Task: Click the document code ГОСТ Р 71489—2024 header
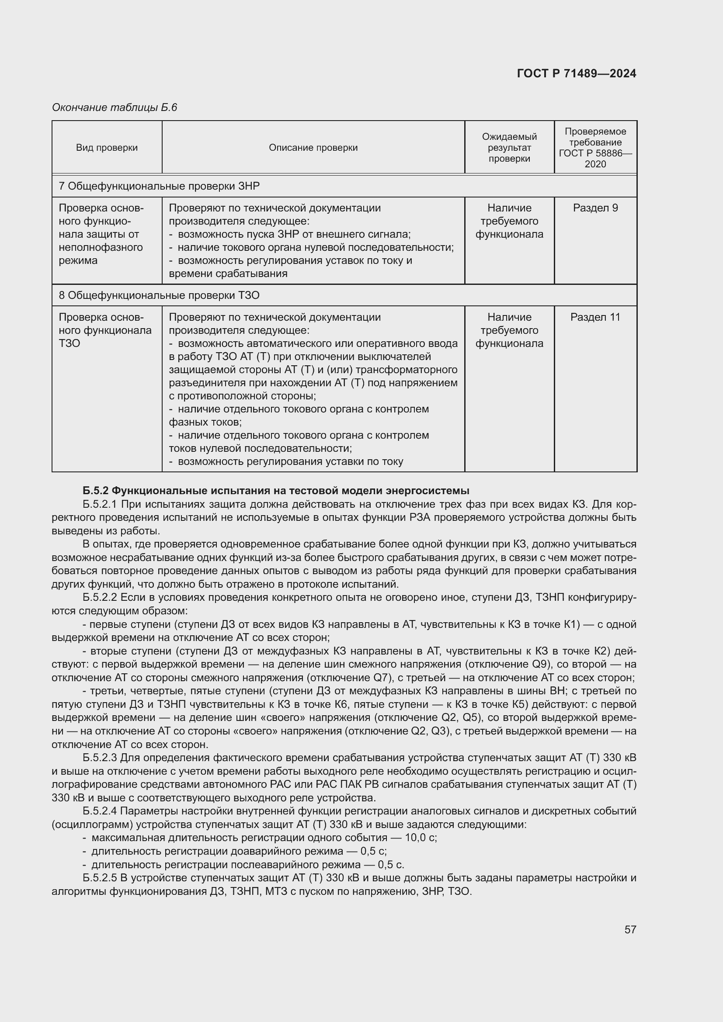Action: (x=576, y=73)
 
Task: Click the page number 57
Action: (x=630, y=929)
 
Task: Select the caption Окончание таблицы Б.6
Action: (x=115, y=107)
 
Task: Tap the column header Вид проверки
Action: (x=107, y=148)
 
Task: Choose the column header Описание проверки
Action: (x=313, y=148)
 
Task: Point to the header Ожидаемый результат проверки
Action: (x=509, y=148)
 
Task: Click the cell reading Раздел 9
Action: (x=595, y=208)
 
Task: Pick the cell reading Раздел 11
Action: (x=595, y=317)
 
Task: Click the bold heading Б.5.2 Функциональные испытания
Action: (x=275, y=491)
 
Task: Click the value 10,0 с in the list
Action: (x=421, y=838)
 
